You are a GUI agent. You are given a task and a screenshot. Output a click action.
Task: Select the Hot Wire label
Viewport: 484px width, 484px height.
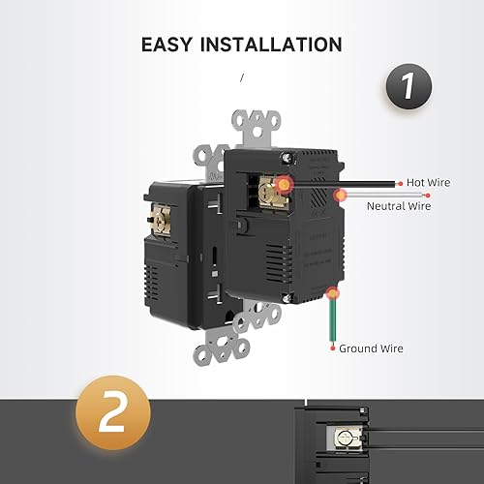point(427,182)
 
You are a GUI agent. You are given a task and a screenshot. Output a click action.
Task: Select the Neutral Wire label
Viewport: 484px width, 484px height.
point(399,205)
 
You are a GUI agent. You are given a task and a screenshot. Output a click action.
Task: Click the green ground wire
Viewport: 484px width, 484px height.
point(334,319)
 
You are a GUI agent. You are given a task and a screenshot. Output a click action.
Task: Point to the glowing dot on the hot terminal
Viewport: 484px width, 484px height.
point(284,182)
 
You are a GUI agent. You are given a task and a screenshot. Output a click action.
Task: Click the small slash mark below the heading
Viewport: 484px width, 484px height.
point(242,77)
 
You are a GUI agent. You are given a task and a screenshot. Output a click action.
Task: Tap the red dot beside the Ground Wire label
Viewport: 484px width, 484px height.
point(333,348)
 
